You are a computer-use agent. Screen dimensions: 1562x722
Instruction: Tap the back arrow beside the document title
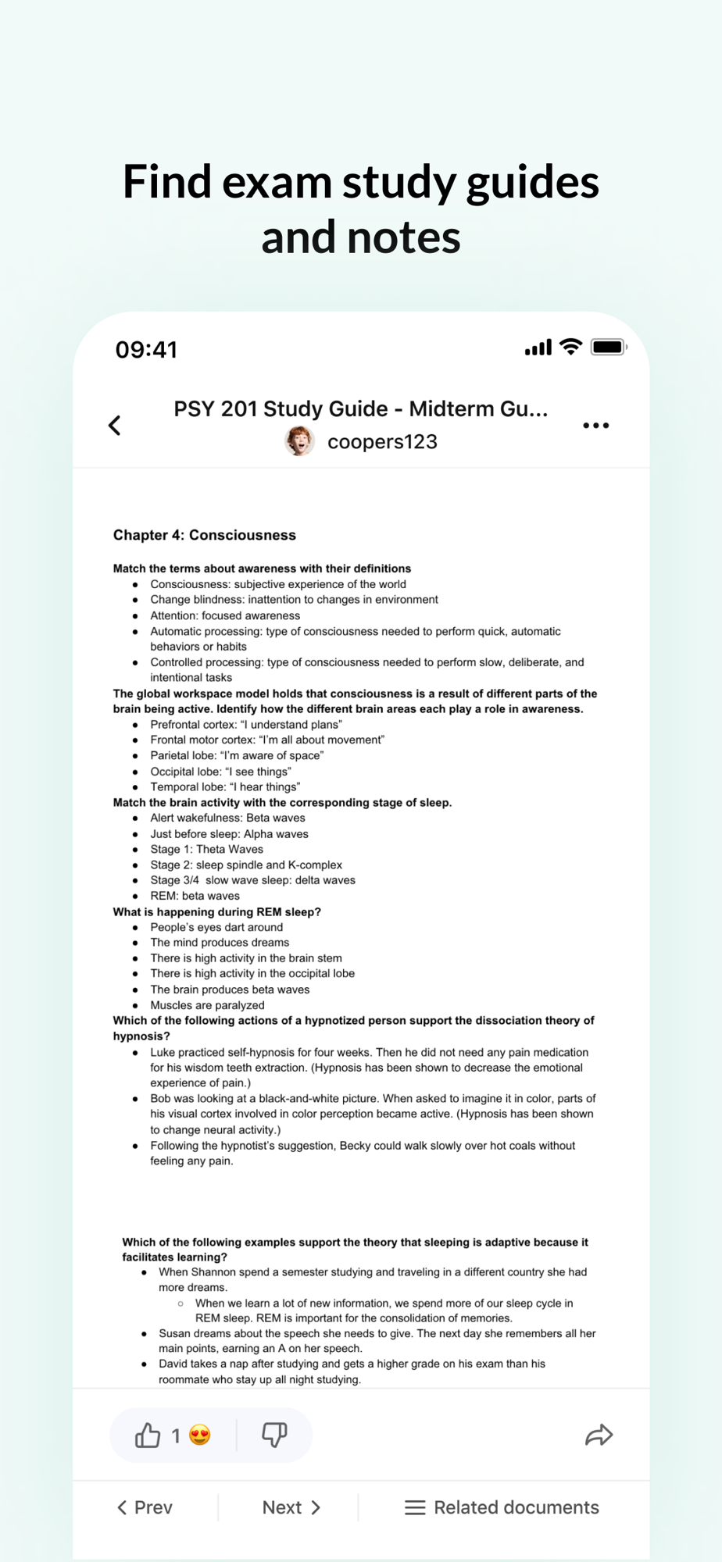(x=115, y=426)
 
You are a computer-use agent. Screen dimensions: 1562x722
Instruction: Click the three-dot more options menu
(x=595, y=426)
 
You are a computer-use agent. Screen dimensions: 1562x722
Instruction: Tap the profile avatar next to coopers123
(x=299, y=441)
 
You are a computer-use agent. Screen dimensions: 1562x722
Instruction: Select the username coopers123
(x=382, y=442)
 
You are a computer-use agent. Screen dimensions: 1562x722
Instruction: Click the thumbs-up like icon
(x=148, y=1435)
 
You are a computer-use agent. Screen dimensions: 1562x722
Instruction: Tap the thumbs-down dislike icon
(x=274, y=1434)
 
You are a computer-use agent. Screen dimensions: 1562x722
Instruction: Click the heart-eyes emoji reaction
(x=200, y=1435)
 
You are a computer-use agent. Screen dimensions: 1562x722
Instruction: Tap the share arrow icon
(x=599, y=1435)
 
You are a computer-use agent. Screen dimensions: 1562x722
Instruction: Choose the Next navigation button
(x=291, y=1507)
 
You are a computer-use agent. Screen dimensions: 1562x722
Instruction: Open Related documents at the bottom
(x=502, y=1507)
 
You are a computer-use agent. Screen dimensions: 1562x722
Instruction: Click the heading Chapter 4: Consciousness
(x=205, y=535)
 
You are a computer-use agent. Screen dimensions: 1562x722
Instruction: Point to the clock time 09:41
(x=146, y=349)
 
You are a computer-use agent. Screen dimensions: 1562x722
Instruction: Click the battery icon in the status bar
(x=608, y=347)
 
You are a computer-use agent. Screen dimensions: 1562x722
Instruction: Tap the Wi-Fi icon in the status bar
(x=571, y=347)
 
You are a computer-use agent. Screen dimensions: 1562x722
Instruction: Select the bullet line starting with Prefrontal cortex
(x=246, y=725)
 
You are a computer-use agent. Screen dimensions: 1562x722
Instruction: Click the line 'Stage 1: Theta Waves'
(x=207, y=849)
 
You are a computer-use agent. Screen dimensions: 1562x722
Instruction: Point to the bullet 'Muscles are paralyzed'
(x=207, y=1005)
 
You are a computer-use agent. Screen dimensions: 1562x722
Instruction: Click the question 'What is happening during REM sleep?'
(x=217, y=911)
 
